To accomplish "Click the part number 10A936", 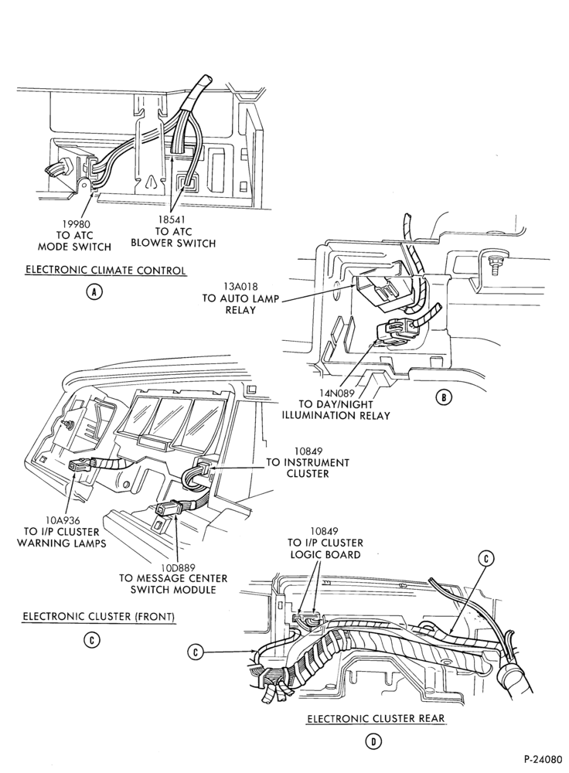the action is pos(62,520).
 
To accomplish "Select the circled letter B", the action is pos(444,397).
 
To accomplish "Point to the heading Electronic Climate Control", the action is pos(106,270).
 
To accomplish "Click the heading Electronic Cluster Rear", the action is pos(376,718).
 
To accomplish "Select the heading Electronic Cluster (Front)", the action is pos(99,616).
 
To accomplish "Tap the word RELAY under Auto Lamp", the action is pos(240,310).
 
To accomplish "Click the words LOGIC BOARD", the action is pos(325,554).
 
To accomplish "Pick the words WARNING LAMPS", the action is pos(62,543).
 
